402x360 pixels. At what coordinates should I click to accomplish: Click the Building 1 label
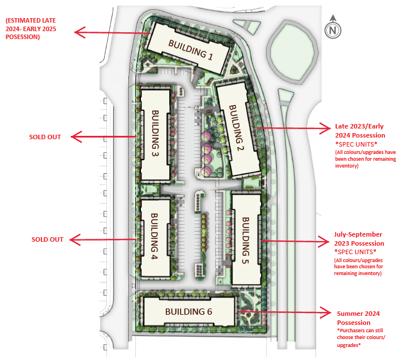point(190,50)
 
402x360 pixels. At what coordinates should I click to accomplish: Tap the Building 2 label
point(237,127)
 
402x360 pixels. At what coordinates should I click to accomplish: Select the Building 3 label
point(155,133)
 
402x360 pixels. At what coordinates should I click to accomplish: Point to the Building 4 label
point(154,236)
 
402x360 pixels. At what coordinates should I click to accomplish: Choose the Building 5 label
point(246,241)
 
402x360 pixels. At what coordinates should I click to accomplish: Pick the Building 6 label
point(189,311)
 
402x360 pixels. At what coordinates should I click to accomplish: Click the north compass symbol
point(333,28)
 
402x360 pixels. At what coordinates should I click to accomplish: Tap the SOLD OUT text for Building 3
point(45,137)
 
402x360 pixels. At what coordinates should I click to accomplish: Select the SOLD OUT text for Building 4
point(48,239)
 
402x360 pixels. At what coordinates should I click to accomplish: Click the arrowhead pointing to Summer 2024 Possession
point(326,312)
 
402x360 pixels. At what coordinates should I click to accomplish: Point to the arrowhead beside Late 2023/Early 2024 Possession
point(326,128)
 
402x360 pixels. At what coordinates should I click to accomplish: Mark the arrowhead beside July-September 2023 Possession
point(323,241)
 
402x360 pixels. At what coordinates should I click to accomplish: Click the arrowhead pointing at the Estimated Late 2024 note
point(80,32)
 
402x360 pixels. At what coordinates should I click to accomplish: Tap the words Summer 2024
point(358,314)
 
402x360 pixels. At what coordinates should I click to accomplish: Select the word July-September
point(358,234)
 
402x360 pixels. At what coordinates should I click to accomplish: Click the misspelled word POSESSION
point(23,37)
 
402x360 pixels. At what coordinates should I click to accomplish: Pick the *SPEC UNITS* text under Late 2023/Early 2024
point(356,144)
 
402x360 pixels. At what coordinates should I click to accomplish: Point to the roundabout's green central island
point(292,53)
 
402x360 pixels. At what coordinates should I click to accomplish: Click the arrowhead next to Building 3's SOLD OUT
point(76,136)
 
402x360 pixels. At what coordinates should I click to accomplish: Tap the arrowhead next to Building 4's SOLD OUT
point(75,239)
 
